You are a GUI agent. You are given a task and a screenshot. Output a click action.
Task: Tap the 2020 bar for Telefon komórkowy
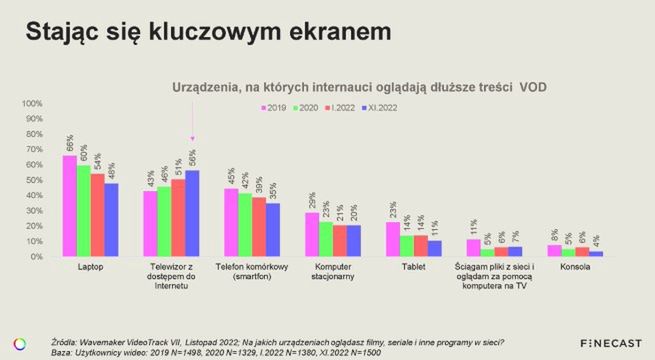(244, 225)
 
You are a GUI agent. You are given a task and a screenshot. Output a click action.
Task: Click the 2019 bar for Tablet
(392, 239)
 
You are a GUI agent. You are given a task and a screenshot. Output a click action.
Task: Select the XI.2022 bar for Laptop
(111, 220)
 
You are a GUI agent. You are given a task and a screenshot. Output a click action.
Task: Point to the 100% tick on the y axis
(31, 103)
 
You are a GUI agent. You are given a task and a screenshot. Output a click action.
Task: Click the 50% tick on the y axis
(33, 180)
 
